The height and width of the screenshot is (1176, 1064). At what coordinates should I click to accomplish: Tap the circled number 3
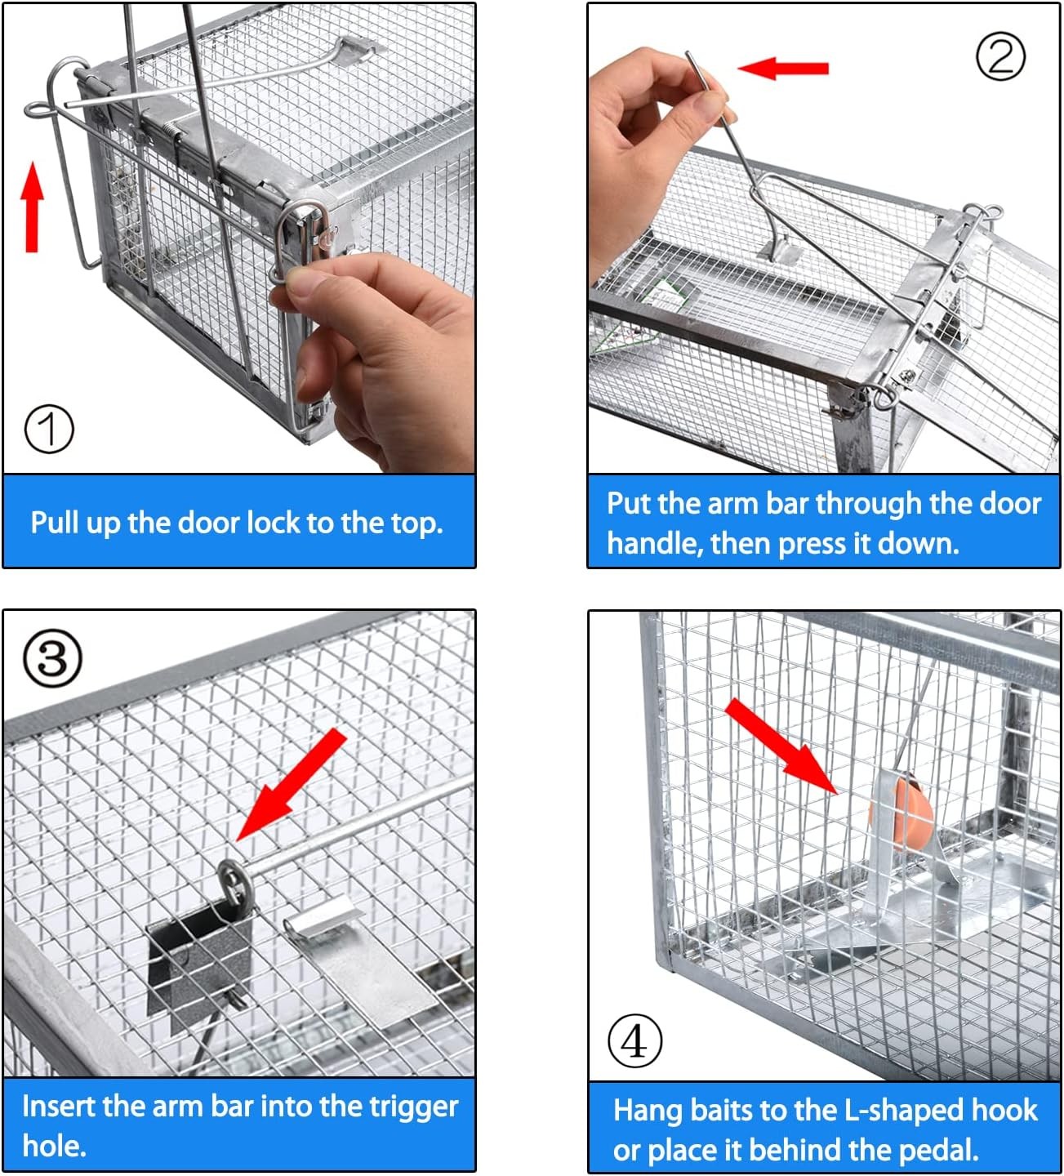coord(53,658)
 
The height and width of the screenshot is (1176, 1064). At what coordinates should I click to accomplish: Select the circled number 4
coord(634,1040)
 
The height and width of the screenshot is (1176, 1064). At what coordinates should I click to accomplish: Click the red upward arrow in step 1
coord(32,206)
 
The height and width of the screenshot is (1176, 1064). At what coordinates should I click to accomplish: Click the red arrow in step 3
coord(293,784)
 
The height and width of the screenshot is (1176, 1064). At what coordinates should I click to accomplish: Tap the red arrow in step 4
coord(780,746)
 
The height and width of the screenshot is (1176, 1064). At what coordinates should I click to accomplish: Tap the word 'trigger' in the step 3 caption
coord(413,1107)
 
